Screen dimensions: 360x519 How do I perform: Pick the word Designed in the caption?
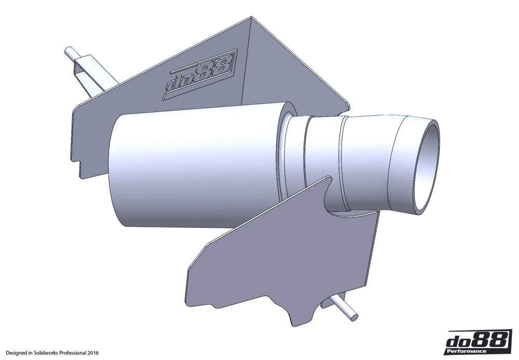tap(15, 353)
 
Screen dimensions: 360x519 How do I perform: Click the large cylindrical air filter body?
tap(192, 166)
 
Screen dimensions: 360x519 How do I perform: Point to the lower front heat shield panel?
tap(275, 259)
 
